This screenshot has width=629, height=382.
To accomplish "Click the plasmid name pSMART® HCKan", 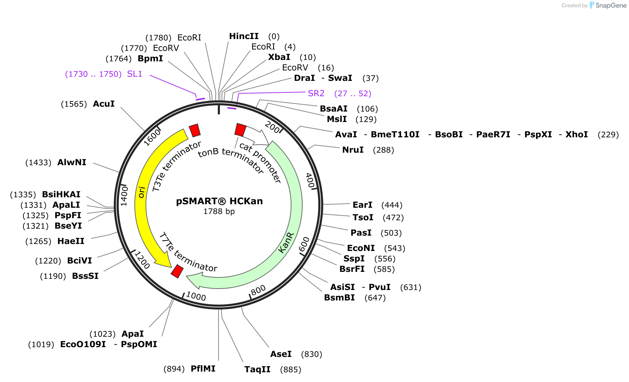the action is (219, 201).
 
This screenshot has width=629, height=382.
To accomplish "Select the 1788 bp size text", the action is (219, 211).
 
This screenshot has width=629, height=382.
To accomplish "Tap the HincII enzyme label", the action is (244, 36).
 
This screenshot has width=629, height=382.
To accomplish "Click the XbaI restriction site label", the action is (279, 57).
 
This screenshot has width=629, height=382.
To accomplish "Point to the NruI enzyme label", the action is (353, 150).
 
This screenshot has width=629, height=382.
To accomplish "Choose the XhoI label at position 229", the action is (577, 135).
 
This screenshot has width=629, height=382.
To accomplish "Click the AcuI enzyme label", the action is (104, 104).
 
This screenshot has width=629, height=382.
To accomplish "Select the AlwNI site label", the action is (72, 162).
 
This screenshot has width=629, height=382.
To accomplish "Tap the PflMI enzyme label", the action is (203, 369).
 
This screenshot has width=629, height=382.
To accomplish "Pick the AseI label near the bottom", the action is (281, 354).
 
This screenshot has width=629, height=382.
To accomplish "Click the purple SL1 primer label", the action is (135, 74).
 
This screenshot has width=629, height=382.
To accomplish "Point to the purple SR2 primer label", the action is (316, 93).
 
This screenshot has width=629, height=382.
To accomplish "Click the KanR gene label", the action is (286, 243).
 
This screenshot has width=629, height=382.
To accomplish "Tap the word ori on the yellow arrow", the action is (141, 192).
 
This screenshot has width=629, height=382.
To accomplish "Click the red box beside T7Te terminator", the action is (177, 271).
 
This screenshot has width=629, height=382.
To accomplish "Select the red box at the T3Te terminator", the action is (195, 130).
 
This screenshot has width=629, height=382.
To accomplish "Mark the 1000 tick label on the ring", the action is (196, 296).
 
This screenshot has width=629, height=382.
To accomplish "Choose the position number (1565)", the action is (74, 104).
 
